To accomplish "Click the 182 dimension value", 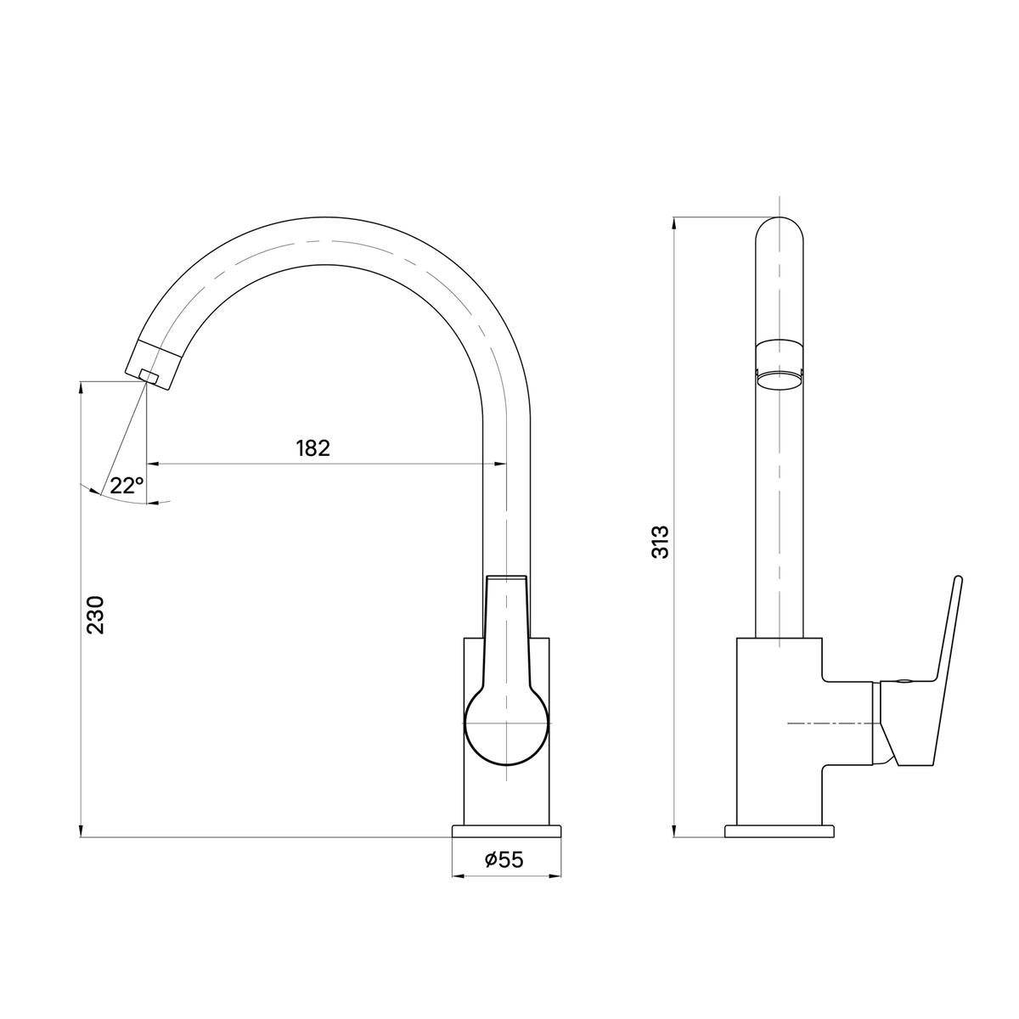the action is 313,448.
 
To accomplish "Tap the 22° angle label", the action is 127,485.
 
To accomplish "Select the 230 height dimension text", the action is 96,615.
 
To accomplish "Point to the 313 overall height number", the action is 660,542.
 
